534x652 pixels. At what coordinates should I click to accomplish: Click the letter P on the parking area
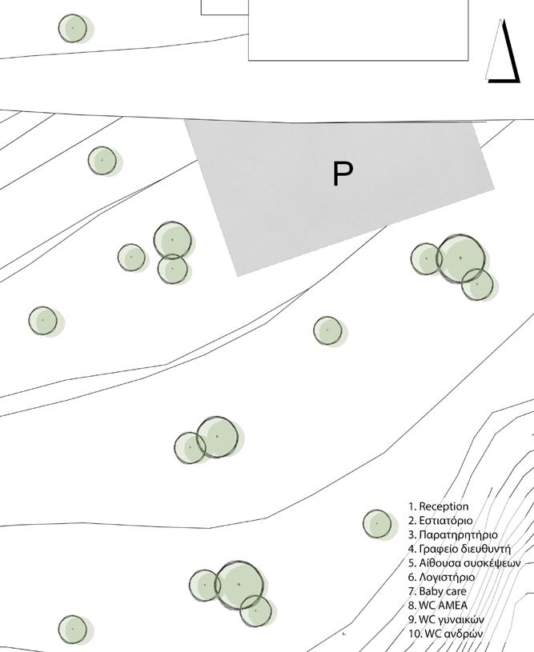343,174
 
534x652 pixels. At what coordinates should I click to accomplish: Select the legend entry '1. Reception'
438,506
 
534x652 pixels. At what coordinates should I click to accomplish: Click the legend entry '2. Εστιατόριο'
440,521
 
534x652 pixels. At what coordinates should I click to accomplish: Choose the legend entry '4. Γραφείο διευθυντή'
459,549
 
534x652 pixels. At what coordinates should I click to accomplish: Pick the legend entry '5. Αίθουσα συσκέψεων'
458,563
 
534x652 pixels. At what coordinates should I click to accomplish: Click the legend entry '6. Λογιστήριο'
441,577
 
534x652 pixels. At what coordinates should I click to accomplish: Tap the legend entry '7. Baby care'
437,591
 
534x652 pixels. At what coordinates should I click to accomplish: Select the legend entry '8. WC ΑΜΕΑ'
437,606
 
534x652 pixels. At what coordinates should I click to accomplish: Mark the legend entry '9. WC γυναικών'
445,620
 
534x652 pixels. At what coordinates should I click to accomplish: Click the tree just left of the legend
377,524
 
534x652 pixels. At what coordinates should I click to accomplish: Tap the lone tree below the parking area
327,330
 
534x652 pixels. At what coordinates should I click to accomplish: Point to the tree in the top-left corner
73,28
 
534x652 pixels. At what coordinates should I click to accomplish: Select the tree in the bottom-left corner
72,630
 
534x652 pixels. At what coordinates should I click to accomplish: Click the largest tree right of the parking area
461,258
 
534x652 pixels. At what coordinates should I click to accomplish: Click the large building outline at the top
336,32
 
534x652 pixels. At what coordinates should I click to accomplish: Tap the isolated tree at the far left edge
42,320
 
